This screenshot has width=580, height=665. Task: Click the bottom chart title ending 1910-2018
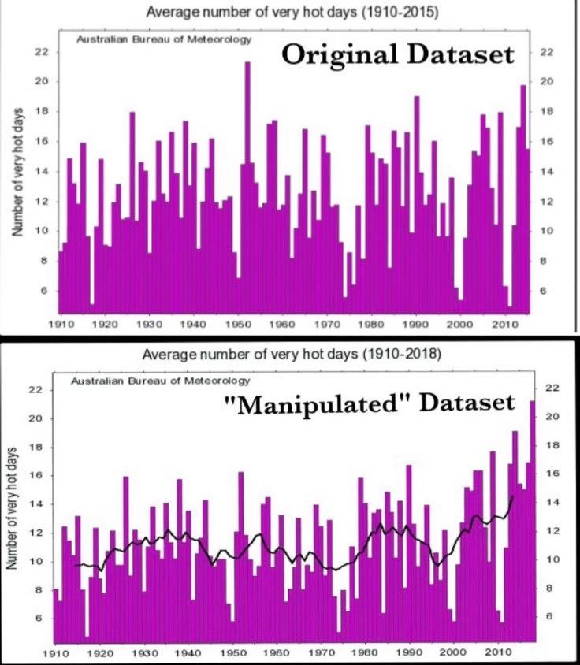tap(292, 355)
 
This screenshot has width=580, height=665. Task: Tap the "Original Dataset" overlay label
tap(397, 55)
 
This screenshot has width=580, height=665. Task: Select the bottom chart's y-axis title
tap(12, 504)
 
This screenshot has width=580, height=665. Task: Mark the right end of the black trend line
tap(513, 496)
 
